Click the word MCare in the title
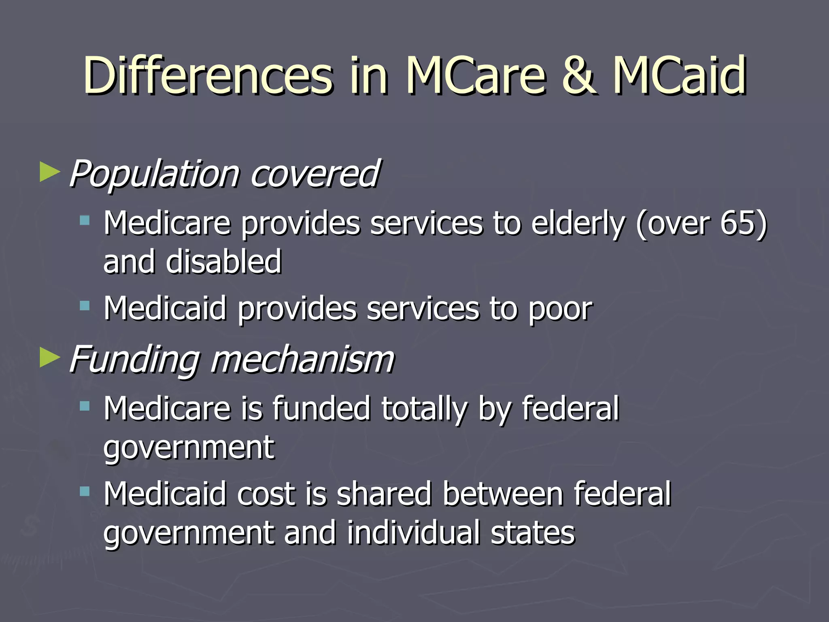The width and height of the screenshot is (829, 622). [476, 76]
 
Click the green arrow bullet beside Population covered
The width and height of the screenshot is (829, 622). [50, 172]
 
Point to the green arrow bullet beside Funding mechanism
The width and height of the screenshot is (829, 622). [50, 358]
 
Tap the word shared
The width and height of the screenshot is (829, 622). [384, 494]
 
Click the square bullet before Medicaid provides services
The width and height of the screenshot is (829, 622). [85, 306]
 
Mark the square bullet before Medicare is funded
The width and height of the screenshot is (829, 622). [85, 406]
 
